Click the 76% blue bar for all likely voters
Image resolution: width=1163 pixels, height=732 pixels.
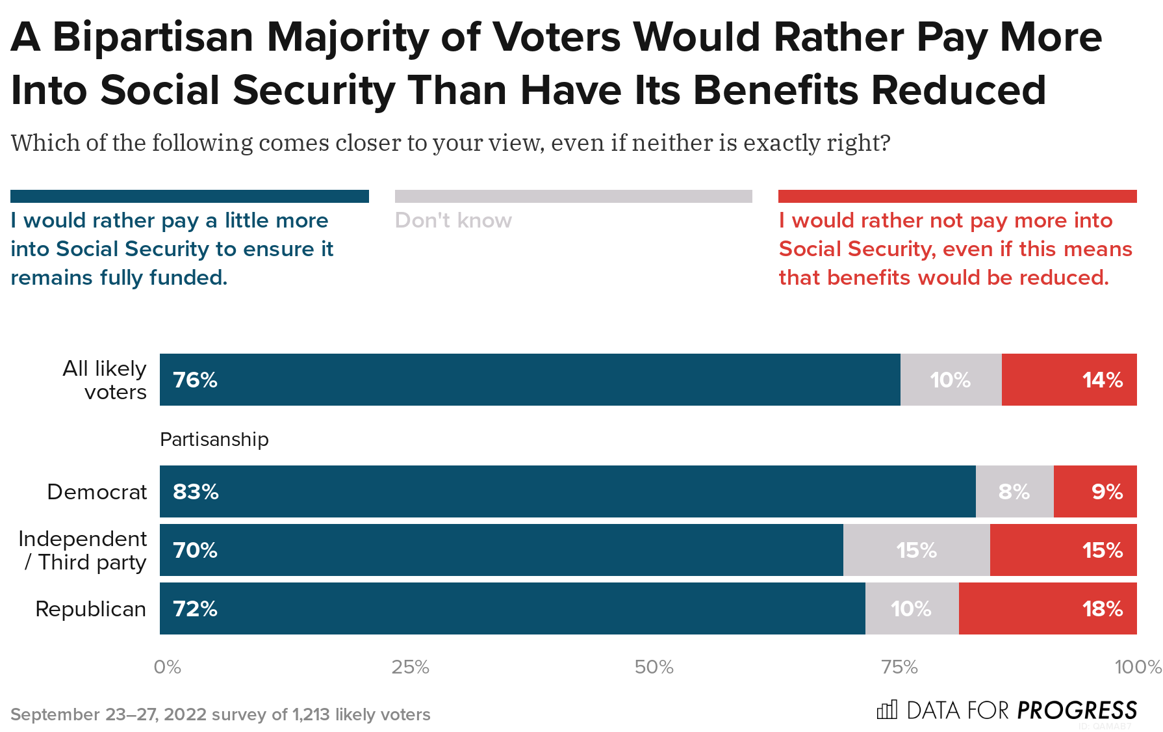[530, 380]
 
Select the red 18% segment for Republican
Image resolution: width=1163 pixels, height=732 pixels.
[1047, 608]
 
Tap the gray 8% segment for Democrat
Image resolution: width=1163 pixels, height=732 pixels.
[1014, 491]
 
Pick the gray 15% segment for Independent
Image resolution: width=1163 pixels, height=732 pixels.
[916, 550]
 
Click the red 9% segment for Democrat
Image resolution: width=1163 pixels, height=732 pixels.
[1095, 491]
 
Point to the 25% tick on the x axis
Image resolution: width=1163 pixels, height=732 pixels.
[410, 667]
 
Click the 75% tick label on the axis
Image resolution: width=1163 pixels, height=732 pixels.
[899, 667]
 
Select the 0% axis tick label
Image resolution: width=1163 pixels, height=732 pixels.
[167, 667]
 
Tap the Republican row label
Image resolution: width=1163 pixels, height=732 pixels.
[90, 609]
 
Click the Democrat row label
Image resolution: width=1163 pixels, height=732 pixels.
[97, 492]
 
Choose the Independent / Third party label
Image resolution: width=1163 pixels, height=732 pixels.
[83, 551]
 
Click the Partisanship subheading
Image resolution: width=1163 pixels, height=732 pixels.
[214, 439]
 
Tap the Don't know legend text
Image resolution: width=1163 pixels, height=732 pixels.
[453, 220]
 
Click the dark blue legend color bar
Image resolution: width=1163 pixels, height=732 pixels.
[189, 196]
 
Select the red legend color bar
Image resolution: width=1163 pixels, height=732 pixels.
[957, 196]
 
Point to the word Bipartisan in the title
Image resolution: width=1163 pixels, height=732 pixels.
[152, 37]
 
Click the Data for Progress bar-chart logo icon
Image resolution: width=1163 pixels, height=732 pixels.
[887, 709]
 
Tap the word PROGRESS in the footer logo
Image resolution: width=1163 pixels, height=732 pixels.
[1077, 710]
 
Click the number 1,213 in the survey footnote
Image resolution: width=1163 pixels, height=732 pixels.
[311, 714]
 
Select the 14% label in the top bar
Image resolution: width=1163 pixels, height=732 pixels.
[1102, 380]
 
